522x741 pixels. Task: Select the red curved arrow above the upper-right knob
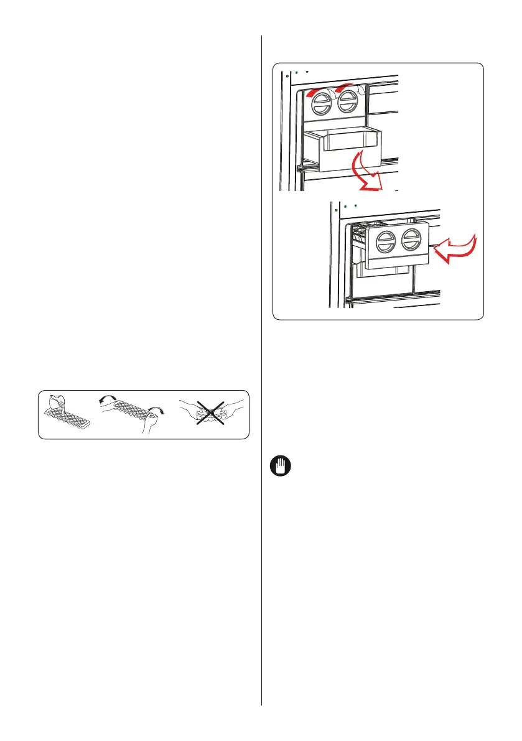345,90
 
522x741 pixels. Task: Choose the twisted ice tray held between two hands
125,410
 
